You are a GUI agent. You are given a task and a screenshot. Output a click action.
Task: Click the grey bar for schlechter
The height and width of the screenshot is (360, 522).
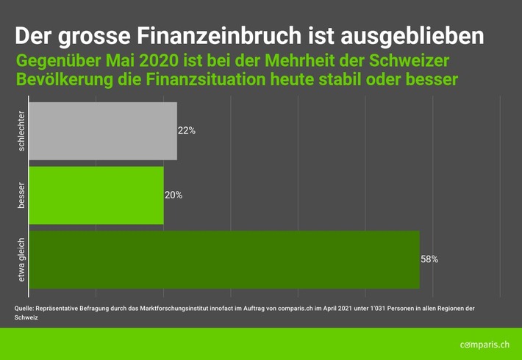click(103, 131)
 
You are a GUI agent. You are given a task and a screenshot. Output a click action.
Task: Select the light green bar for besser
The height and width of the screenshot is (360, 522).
click(96, 195)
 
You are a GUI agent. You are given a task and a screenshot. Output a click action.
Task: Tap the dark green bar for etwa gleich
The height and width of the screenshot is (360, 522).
click(224, 259)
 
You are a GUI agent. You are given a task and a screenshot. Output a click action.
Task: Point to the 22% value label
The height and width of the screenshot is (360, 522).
click(187, 131)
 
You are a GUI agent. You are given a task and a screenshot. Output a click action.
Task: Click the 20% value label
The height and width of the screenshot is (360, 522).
click(174, 195)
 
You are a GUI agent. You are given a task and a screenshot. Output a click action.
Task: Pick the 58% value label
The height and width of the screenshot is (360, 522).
click(429, 259)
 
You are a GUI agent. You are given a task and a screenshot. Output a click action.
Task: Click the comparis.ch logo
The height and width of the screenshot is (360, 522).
click(484, 344)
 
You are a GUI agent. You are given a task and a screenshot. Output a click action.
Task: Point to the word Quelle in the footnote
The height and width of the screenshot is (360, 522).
click(24, 308)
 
